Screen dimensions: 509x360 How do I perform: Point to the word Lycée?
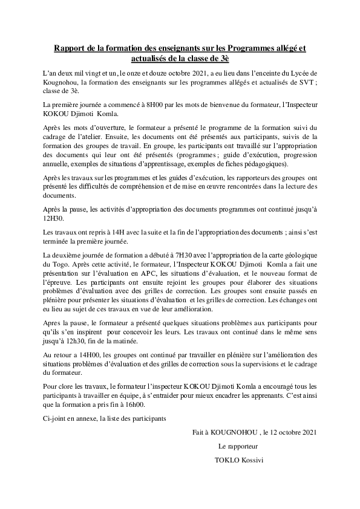[305, 73]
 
